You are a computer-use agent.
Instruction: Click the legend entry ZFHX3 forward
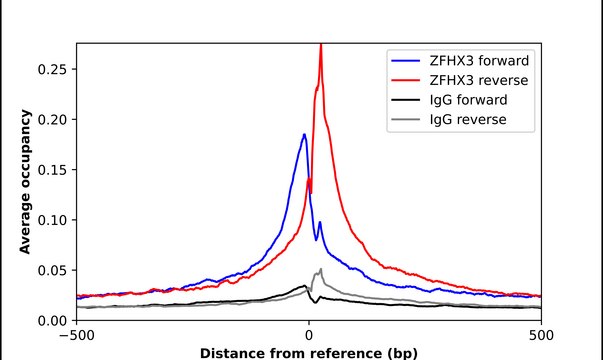coord(477,62)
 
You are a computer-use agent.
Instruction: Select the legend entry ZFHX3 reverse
coord(476,81)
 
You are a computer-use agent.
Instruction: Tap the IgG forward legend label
coord(465,100)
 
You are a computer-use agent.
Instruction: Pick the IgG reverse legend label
coord(464,120)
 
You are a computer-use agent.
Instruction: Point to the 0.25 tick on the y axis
coord(52,69)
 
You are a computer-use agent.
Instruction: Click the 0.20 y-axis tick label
coord(52,119)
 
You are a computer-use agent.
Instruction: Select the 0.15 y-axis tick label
coord(52,169)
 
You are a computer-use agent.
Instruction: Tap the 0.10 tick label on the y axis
coord(52,220)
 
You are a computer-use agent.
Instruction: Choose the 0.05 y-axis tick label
coord(52,270)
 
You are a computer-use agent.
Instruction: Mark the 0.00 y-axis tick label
coord(52,320)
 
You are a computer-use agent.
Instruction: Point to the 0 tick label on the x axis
coord(309,336)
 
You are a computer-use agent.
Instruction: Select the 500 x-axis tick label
coord(541,336)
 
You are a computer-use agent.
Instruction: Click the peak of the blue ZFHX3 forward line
coord(304,134)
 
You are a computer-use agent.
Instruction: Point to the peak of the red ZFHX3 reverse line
coord(320,45)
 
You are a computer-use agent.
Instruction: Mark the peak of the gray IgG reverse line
coord(320,269)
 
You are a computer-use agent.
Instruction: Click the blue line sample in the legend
coord(406,62)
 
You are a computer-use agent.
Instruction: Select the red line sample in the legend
coord(406,81)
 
